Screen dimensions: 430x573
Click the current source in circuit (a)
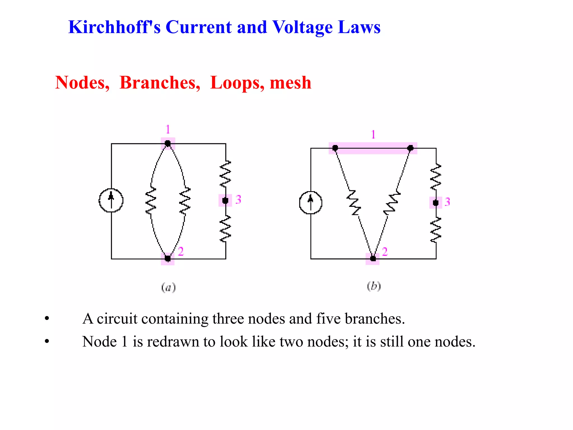[111, 200]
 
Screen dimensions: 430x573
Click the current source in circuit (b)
[311, 202]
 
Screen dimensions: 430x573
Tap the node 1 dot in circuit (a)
[168, 144]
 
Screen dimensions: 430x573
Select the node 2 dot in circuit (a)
[168, 258]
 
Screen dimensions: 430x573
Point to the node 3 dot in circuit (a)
[225, 200]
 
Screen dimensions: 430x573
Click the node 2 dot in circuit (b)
[373, 258]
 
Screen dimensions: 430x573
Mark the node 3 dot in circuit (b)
[436, 203]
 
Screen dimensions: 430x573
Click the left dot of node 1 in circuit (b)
[335, 148]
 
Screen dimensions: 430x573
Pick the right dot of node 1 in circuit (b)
[410, 148]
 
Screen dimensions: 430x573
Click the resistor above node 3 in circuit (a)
[225, 174]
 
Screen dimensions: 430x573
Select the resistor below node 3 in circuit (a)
[225, 228]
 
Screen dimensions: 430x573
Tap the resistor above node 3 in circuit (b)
[436, 177]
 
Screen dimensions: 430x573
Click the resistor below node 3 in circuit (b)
[436, 230]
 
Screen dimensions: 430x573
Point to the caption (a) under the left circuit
[168, 288]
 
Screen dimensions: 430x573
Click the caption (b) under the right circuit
[374, 286]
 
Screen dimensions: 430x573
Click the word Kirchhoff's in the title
[114, 27]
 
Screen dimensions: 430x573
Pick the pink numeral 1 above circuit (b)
[373, 135]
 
